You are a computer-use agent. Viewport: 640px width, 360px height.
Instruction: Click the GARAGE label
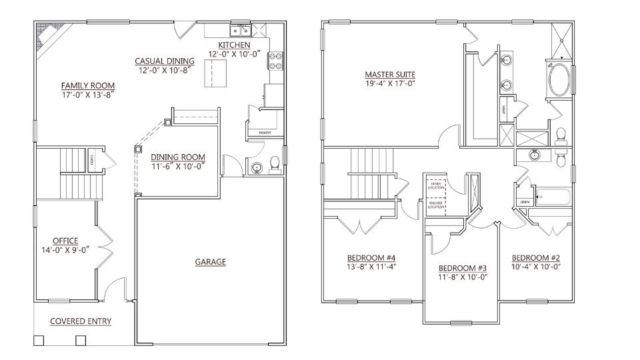(210, 262)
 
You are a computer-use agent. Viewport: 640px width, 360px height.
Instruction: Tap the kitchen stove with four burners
(275, 61)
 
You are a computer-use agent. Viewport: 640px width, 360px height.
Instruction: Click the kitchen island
(215, 72)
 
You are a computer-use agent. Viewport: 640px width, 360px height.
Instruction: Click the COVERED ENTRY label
(81, 321)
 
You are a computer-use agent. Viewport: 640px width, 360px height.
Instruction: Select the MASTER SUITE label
(390, 74)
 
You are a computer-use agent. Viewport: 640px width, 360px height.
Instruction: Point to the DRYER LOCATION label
(436, 186)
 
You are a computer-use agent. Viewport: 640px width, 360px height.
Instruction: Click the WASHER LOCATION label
(436, 205)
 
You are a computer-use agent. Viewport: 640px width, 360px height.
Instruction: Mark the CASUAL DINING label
(165, 61)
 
